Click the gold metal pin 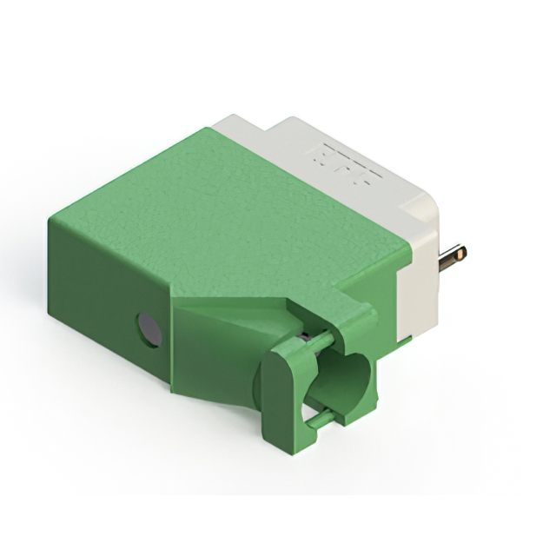(x=452, y=258)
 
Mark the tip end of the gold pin (x=463, y=254)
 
